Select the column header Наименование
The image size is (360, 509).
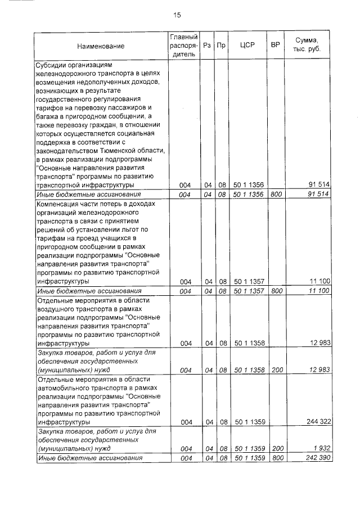101,46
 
